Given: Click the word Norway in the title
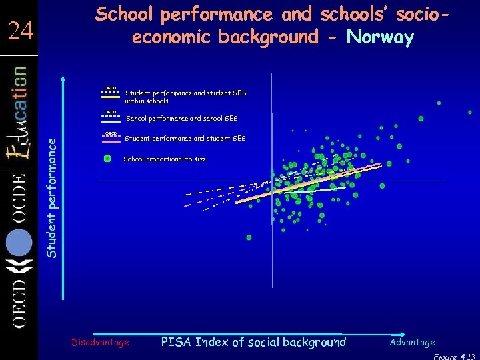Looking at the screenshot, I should (381, 37).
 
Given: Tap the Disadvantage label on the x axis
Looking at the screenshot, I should (100, 342).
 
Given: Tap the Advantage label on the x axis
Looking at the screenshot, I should (412, 342).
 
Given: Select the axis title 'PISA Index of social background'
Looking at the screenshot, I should (254, 342).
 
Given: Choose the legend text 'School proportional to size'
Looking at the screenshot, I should (165, 159).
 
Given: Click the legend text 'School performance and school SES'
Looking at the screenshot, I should (181, 118).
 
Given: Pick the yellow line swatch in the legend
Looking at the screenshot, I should (111, 95).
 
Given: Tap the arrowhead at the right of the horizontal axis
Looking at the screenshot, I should (404, 333).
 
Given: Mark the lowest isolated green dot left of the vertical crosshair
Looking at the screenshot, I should (249, 237).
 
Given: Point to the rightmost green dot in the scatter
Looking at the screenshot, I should (470, 112).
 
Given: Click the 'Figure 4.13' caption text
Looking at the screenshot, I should (457, 356).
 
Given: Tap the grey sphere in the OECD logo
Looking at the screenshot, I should (19, 243).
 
